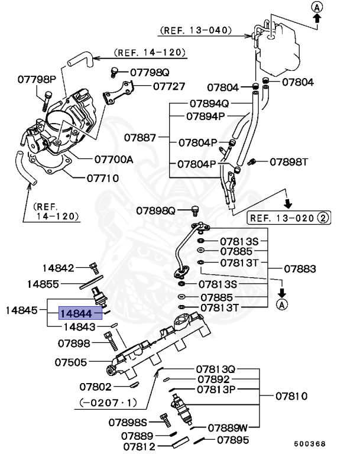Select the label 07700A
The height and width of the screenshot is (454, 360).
pos(113,160)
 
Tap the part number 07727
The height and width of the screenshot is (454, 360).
pos(169,86)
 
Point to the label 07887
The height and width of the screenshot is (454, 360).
pos(140,138)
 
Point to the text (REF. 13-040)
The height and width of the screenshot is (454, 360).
pos(195,30)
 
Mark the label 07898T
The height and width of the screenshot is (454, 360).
pos(290,161)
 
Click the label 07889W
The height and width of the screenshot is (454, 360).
pos(227,426)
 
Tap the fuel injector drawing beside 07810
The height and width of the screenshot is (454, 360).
pos(183,410)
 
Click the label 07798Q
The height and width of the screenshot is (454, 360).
pos(150,73)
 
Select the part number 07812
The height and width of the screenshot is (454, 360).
pos(139,446)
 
